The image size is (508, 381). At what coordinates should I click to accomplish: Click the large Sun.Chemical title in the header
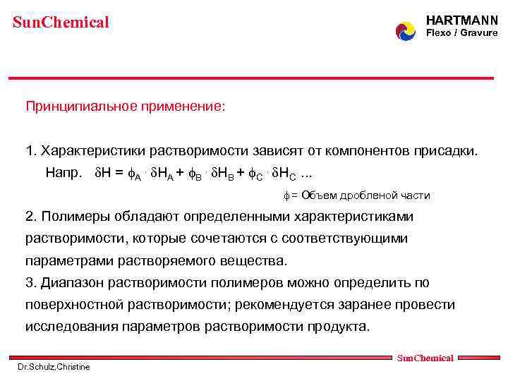point(61,23)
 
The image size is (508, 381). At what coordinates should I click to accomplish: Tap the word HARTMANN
point(462,21)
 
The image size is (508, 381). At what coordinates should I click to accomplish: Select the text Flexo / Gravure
point(462,33)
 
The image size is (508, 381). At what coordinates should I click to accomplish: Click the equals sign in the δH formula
point(119,172)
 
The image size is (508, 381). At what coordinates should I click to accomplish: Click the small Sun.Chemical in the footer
point(425,358)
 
